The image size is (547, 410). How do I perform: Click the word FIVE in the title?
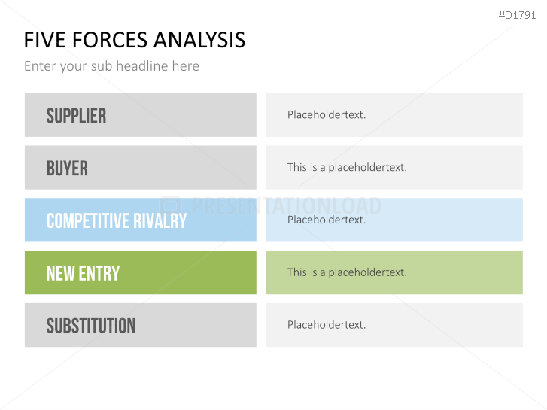[44, 40]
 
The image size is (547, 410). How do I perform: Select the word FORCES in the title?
[110, 40]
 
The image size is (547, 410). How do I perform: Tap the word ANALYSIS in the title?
[199, 40]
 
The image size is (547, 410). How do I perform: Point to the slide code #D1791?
[517, 15]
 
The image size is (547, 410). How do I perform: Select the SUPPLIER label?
[76, 116]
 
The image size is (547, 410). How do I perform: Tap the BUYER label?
[67, 169]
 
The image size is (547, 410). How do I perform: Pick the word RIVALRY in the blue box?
[160, 220]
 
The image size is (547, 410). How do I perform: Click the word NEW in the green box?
[60, 273]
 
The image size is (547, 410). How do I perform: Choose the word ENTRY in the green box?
[99, 273]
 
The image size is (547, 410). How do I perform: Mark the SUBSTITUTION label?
[91, 326]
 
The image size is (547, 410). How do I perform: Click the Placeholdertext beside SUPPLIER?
[327, 115]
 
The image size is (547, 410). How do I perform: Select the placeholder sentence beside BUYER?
[347, 167]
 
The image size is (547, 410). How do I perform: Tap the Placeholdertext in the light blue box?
[327, 220]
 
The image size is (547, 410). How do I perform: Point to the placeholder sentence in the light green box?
[347, 272]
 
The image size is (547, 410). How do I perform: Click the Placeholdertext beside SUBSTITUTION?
[327, 325]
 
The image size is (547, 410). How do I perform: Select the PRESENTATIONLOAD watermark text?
[287, 206]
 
